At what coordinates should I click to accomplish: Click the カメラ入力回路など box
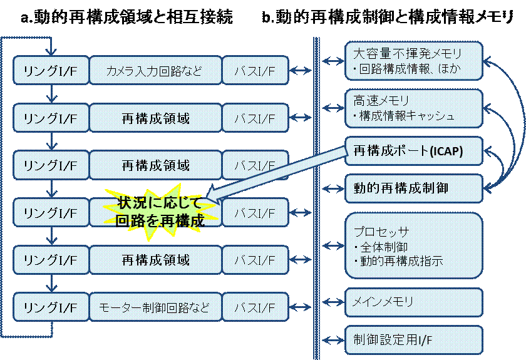click(x=155, y=70)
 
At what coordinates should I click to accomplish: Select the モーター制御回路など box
click(x=155, y=308)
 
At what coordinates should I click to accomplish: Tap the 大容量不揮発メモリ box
click(x=414, y=61)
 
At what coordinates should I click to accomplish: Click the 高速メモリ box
click(x=414, y=108)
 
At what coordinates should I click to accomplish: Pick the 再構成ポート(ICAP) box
click(x=414, y=152)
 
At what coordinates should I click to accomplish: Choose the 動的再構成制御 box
click(x=414, y=188)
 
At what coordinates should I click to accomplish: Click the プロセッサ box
click(x=414, y=245)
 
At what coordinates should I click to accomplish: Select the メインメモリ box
click(x=414, y=302)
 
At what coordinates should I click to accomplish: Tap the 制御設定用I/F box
click(x=414, y=339)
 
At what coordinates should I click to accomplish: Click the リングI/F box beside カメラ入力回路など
click(x=50, y=70)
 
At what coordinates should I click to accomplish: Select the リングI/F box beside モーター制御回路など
click(x=50, y=308)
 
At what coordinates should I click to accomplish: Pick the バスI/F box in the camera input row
click(x=254, y=70)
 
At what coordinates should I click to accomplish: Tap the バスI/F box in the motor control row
click(x=254, y=308)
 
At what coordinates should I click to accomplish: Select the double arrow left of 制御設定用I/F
click(x=334, y=340)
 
